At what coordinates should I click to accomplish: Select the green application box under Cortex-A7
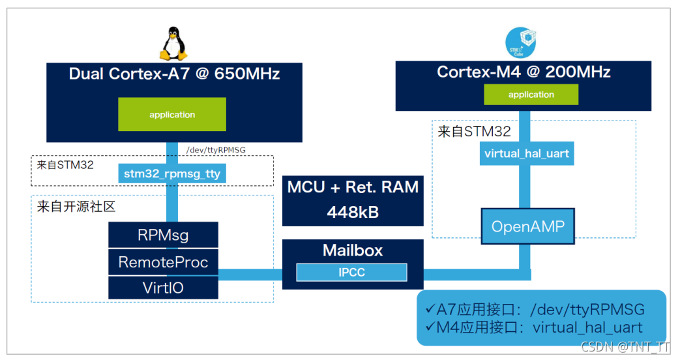(x=172, y=115)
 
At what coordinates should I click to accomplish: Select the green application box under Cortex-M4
(x=531, y=95)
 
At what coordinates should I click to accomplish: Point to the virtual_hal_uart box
(x=527, y=155)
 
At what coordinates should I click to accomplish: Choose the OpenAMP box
(x=528, y=227)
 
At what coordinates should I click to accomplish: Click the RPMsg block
(x=162, y=235)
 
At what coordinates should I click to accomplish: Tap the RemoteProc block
(x=163, y=262)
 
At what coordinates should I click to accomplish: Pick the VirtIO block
(x=162, y=288)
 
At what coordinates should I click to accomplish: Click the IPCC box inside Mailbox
(x=352, y=272)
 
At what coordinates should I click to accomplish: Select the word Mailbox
(x=353, y=250)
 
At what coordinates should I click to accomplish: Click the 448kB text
(x=353, y=213)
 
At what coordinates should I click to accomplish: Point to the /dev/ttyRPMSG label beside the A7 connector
(x=215, y=151)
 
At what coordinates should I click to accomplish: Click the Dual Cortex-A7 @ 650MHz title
(x=174, y=74)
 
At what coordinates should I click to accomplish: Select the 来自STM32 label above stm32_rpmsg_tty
(x=65, y=164)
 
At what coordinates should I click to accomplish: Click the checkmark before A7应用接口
(x=430, y=308)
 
